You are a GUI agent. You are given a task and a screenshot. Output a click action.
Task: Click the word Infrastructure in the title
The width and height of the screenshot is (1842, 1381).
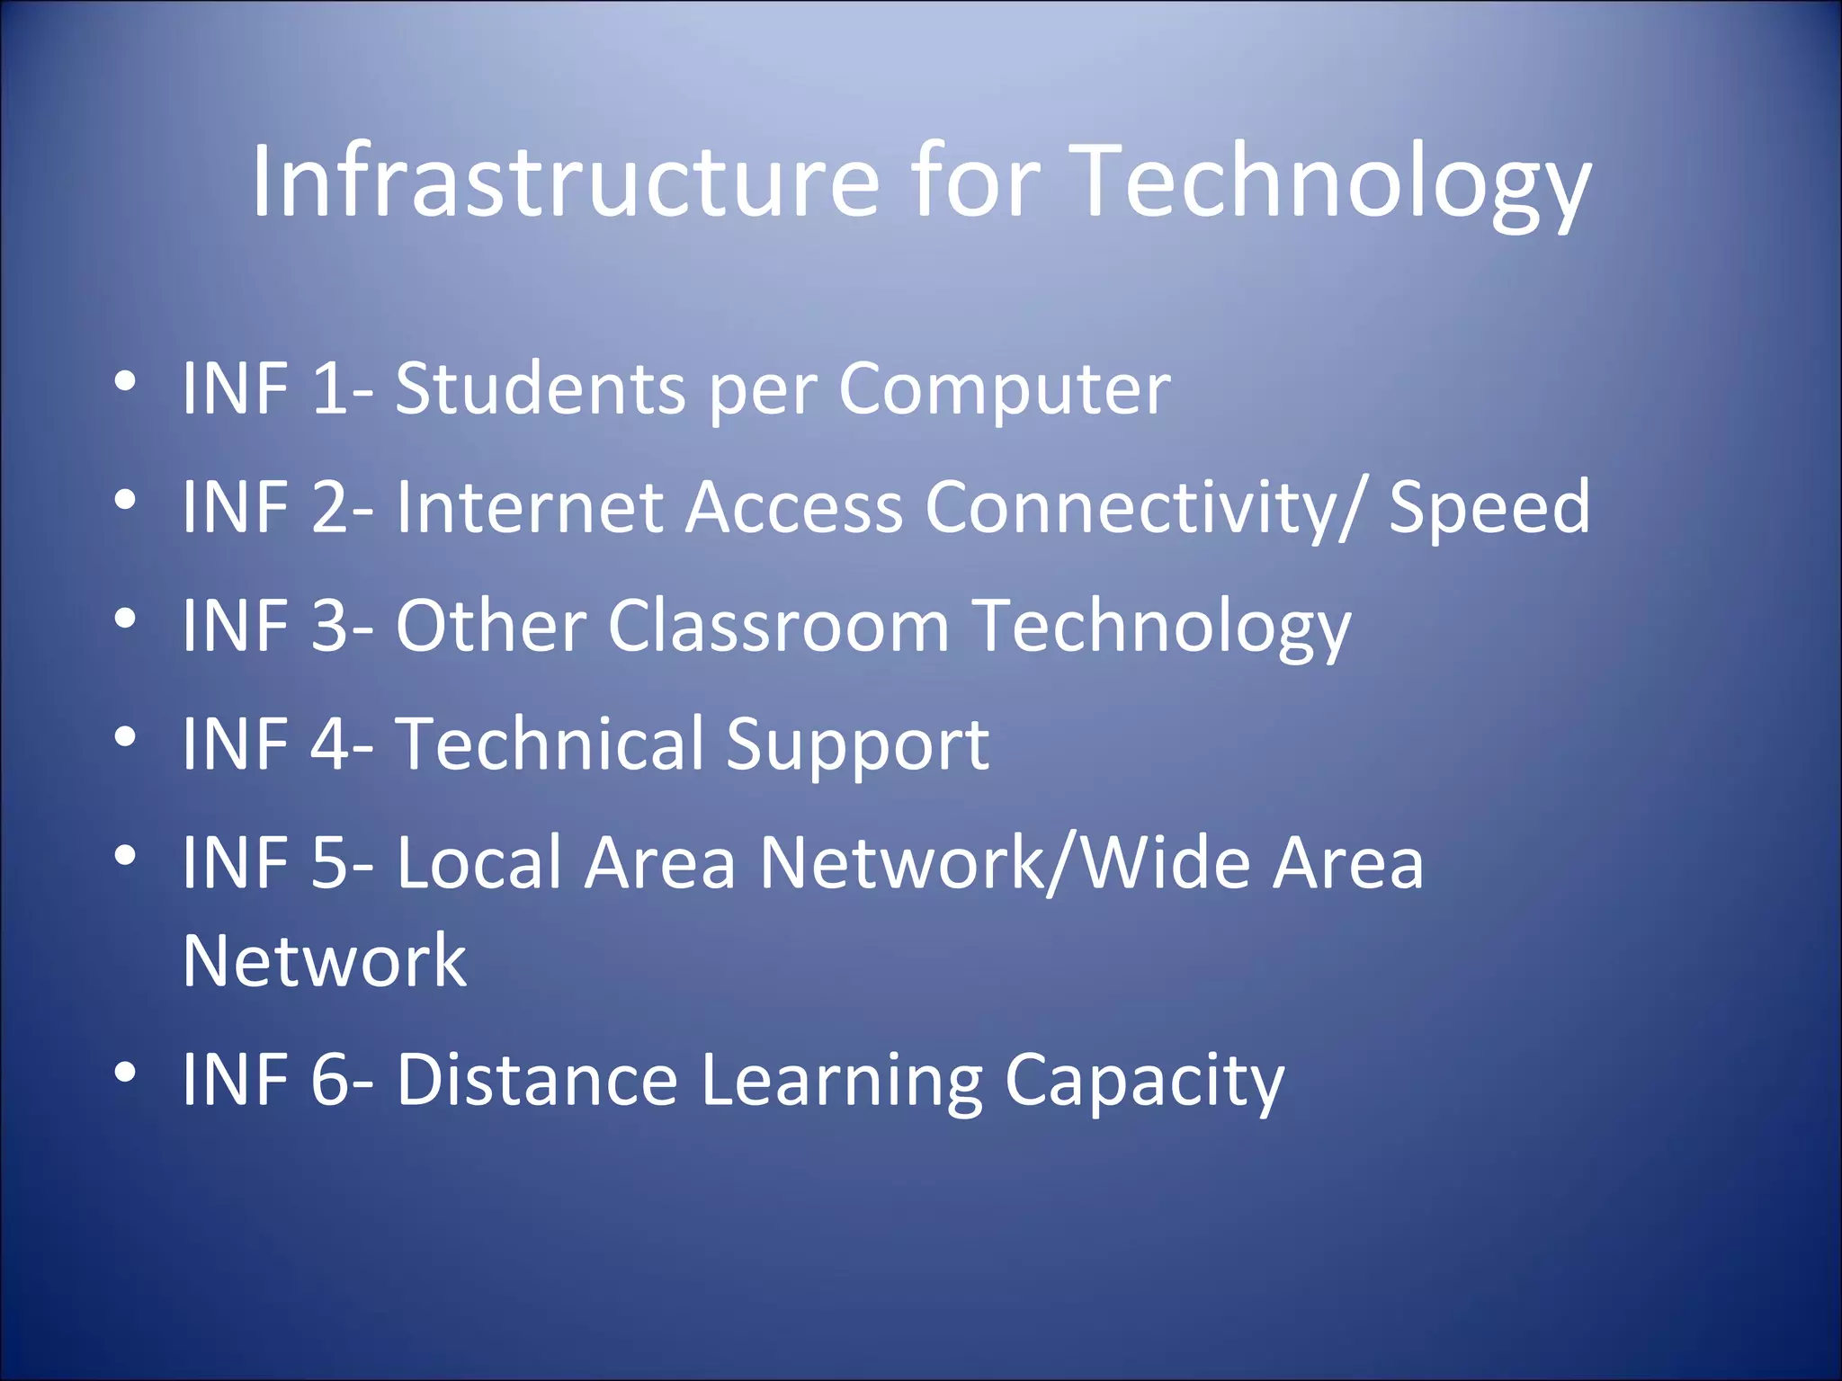click(565, 181)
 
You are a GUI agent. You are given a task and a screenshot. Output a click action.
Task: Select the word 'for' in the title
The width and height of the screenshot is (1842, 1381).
click(976, 181)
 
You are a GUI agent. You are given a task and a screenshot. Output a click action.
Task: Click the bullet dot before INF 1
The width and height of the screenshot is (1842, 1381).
click(126, 381)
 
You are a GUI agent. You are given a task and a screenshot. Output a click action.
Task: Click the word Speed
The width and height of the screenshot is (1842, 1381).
click(1489, 507)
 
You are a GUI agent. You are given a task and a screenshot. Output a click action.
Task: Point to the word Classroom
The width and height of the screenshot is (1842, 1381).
click(779, 626)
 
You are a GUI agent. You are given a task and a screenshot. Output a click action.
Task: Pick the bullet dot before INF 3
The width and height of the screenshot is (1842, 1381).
click(126, 619)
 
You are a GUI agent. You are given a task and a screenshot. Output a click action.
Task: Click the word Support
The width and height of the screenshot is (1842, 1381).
click(857, 746)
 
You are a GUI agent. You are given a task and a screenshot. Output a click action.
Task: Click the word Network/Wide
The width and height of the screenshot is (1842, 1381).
click(1006, 863)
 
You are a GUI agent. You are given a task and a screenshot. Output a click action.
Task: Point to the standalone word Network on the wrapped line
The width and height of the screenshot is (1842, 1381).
click(324, 960)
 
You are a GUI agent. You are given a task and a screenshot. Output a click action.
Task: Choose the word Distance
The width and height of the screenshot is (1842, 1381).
click(537, 1079)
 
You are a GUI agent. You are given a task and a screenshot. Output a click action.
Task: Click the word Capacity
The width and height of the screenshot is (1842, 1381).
click(1144, 1083)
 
